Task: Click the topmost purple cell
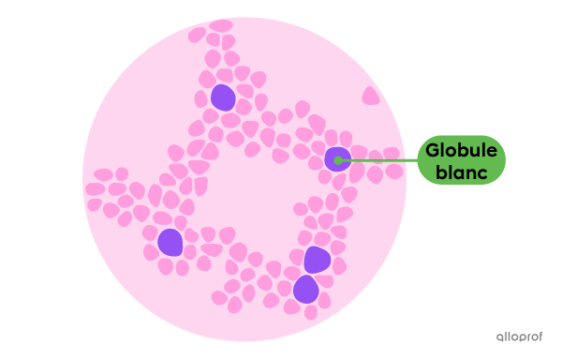[223, 97]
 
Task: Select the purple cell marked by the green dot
[336, 158]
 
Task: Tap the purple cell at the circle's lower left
[170, 242]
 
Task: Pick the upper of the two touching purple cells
[317, 260]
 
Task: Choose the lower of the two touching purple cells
[305, 289]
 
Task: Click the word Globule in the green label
[460, 150]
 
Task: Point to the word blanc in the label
[461, 172]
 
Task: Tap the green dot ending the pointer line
[337, 160]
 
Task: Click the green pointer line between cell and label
[379, 160]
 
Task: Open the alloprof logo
[517, 336]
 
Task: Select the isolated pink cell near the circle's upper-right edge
[371, 96]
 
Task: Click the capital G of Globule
[434, 150]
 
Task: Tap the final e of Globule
[493, 151]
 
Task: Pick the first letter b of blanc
[440, 172]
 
